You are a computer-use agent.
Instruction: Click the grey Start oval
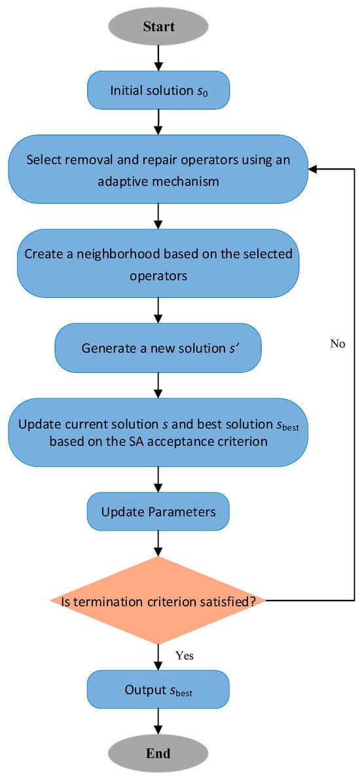coord(158,27)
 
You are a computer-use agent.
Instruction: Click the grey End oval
coord(158,753)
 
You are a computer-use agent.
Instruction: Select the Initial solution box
coord(158,89)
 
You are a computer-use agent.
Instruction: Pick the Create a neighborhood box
coord(158,265)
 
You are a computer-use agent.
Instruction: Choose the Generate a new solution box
coord(158,348)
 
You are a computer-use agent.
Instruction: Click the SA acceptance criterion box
coord(158,432)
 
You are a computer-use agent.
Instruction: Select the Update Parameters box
coord(158,511)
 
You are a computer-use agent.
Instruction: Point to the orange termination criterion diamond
coord(158,600)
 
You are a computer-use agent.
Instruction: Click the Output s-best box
coord(158,690)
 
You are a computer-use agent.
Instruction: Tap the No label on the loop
coord(338,344)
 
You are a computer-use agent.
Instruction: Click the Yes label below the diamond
coord(185,655)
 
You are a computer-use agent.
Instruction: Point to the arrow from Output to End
coord(158,720)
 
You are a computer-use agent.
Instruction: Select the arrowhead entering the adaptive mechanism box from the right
coord(314,169)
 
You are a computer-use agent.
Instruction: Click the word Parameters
coord(184,511)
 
